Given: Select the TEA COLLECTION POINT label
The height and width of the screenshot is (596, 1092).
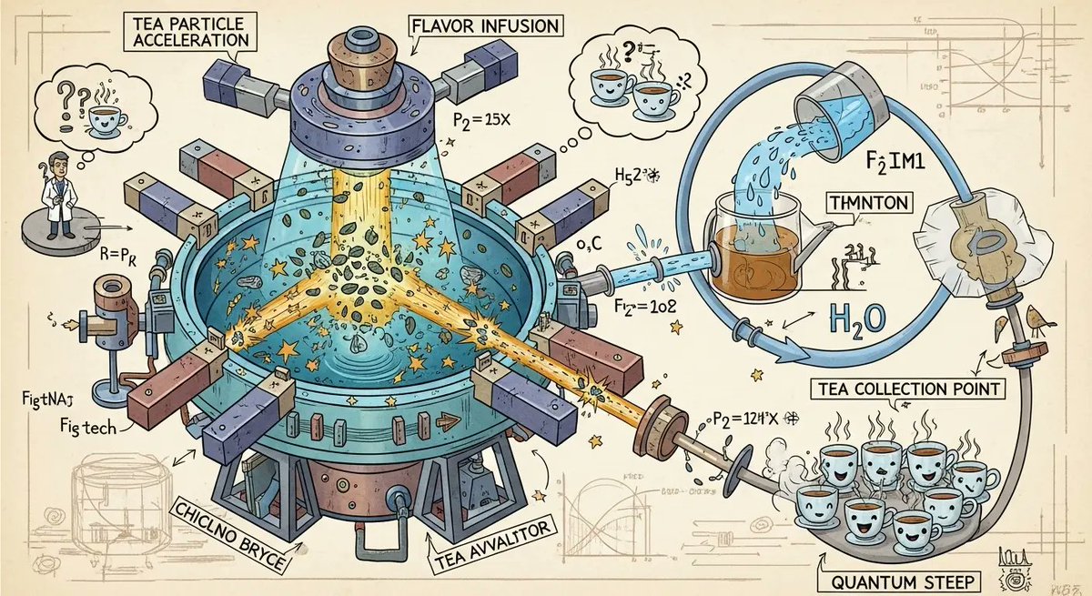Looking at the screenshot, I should point(905,389).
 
